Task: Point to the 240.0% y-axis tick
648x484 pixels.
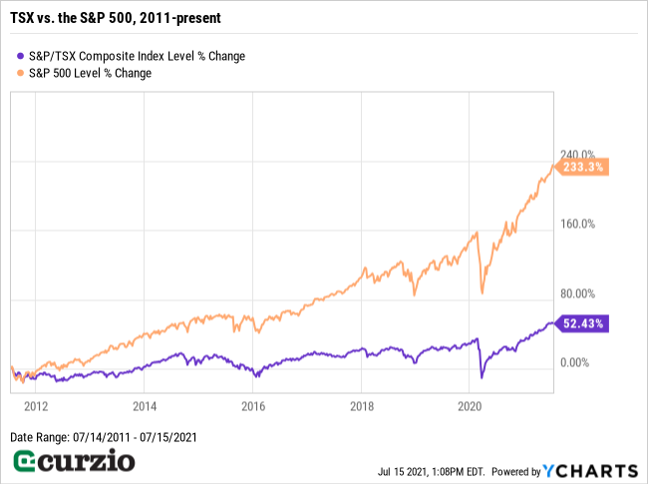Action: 575,155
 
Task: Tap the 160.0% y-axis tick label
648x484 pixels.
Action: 575,224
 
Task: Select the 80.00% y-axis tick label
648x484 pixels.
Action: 575,293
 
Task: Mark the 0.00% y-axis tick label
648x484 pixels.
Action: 575,362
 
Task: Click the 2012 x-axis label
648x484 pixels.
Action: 36,406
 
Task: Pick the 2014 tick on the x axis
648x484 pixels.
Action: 145,406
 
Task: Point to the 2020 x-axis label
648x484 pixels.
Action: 470,406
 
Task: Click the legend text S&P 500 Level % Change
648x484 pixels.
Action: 92,73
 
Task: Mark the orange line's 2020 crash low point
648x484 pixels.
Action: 483,293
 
